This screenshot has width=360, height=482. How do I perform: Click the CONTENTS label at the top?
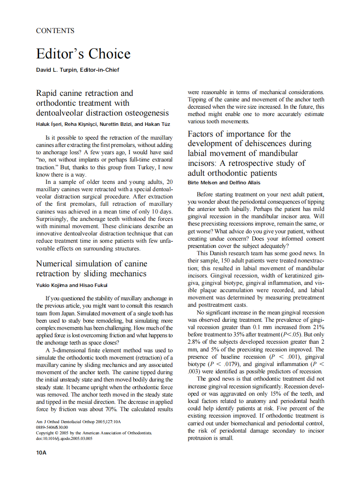[55, 31]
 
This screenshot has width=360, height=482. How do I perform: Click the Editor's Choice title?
[83, 54]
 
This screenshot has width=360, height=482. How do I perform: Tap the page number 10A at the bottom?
[41, 452]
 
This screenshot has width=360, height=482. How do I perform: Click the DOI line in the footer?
[64, 439]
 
